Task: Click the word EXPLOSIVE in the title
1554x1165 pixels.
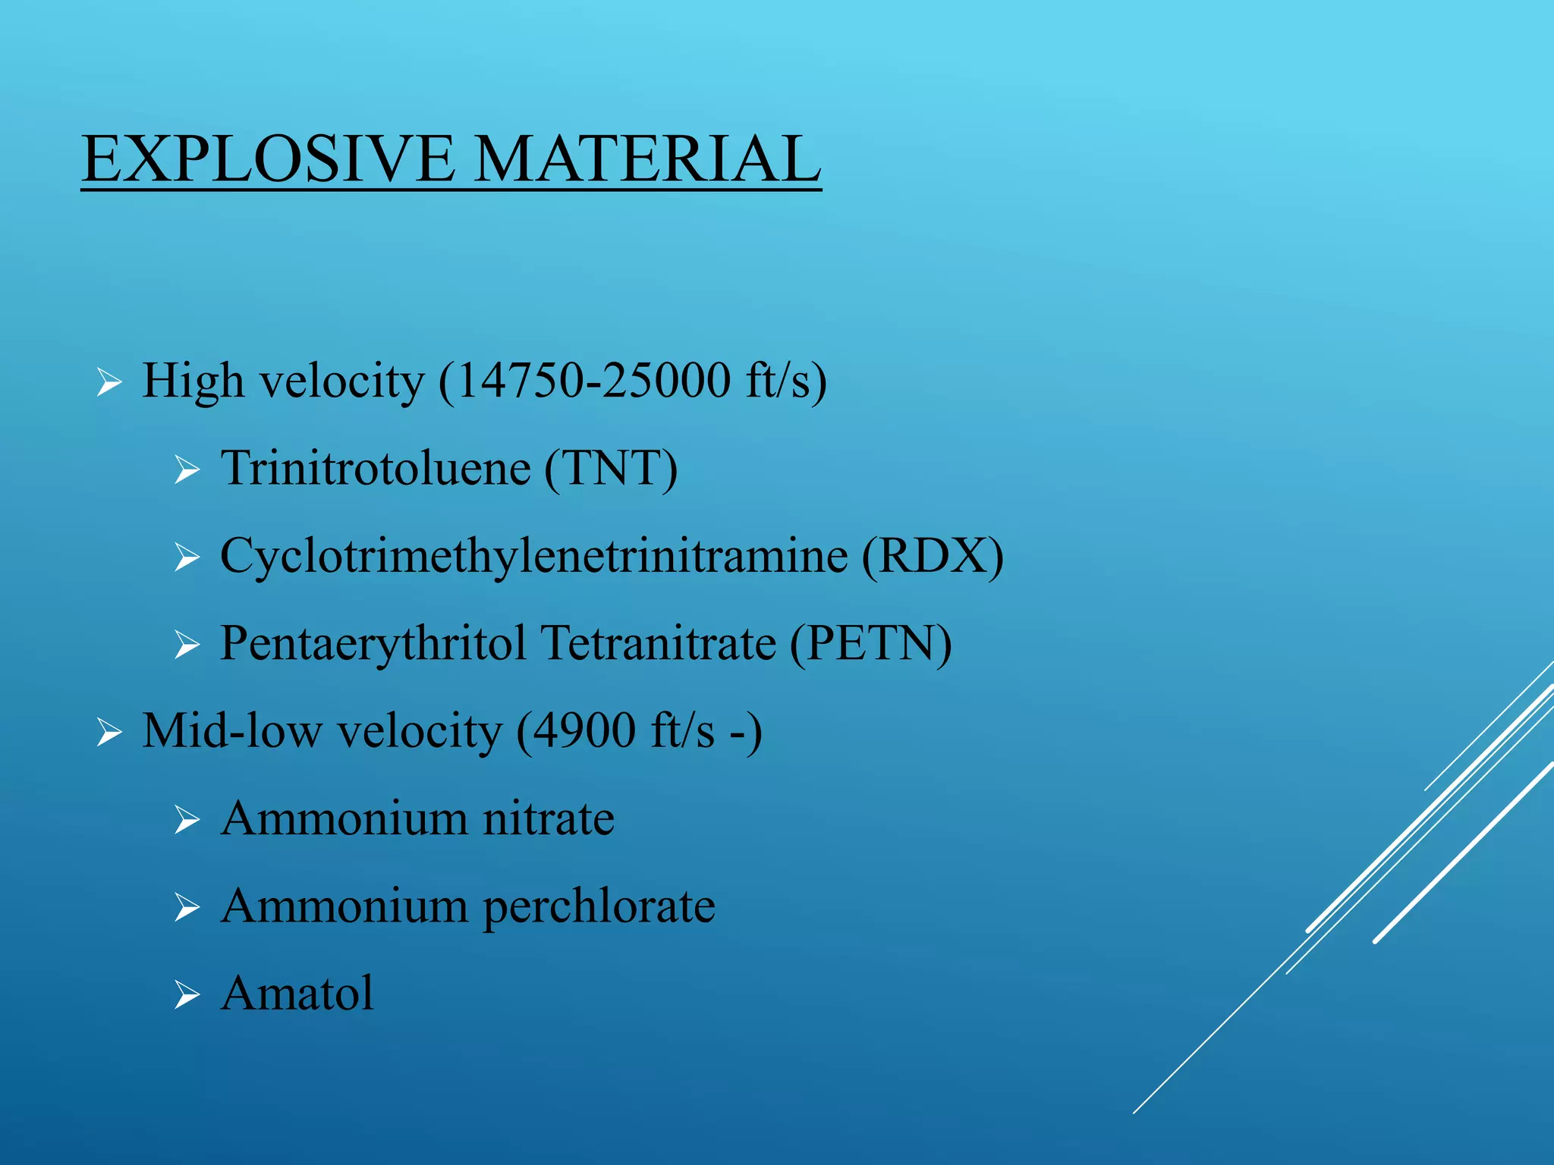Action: pyautogui.click(x=269, y=159)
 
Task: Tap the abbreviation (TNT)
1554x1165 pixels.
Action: pyautogui.click(x=611, y=469)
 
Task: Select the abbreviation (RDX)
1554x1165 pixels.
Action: pyautogui.click(x=932, y=556)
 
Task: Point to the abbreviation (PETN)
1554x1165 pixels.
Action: pyautogui.click(x=870, y=644)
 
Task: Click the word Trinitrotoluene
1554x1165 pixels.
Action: pyautogui.click(x=376, y=469)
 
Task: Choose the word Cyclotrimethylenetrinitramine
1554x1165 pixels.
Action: pyautogui.click(x=533, y=556)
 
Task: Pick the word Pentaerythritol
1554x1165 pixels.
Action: pyautogui.click(x=373, y=644)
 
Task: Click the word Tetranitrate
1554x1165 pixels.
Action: pyautogui.click(x=658, y=644)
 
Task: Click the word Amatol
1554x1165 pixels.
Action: pyautogui.click(x=297, y=994)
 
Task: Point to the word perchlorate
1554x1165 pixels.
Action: pyautogui.click(x=599, y=906)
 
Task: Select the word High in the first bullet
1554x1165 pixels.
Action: pyautogui.click(x=193, y=381)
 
